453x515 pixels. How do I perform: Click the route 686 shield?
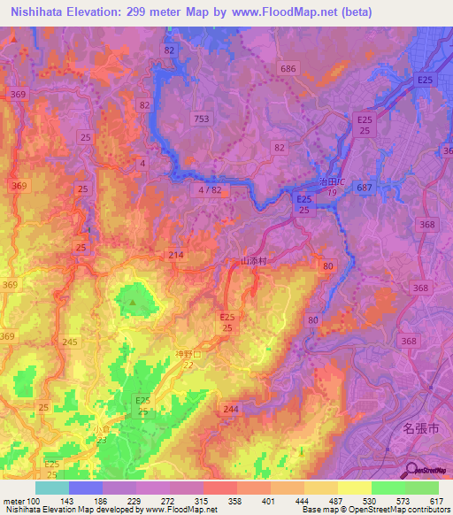[x=288, y=68]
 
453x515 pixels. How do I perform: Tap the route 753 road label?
[x=203, y=119]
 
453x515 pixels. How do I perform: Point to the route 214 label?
[x=176, y=255]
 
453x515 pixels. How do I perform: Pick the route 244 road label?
[x=232, y=409]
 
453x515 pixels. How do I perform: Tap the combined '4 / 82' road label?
[x=211, y=189]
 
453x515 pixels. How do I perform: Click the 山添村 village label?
[x=254, y=262]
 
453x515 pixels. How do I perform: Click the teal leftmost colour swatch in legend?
[x=52, y=488]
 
